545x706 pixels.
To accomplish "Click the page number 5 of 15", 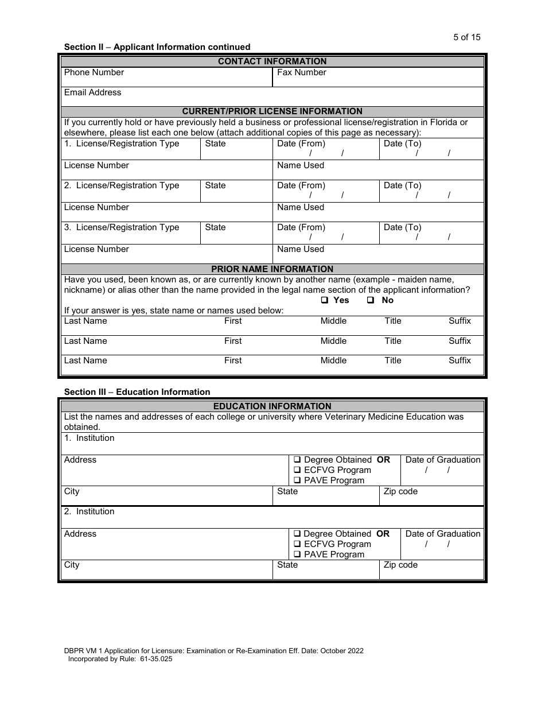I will tap(466, 37).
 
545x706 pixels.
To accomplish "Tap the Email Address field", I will tap(272, 96).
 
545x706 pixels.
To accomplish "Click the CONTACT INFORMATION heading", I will tap(272, 61).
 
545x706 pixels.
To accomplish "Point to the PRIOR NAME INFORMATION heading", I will tap(272, 269).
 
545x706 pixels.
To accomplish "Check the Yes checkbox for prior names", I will tap(325, 300).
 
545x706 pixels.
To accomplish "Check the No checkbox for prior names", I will tap(371, 300).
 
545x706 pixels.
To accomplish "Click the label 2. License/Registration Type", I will tap(122, 185).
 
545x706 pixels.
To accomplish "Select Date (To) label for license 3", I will tap(402, 227).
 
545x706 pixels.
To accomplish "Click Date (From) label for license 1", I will tap(301, 143).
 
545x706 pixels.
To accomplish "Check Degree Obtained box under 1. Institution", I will tap(298, 460).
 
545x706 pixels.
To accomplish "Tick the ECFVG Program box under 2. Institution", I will tap(298, 544).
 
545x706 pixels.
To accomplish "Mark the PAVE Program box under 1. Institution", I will tap(298, 480).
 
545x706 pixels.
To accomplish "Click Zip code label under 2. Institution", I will tap(400, 565).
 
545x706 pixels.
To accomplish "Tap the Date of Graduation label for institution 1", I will tap(442, 460).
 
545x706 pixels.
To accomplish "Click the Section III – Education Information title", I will tap(137, 392).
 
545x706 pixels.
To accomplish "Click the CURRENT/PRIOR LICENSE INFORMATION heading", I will tap(272, 111).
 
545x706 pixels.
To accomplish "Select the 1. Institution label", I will tap(89, 438).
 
